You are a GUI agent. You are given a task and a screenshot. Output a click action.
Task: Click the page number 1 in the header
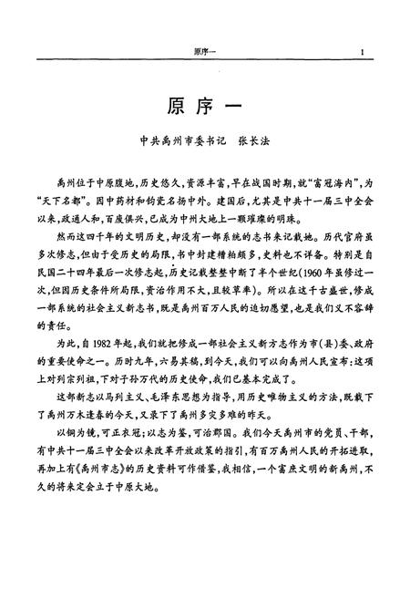(x=363, y=51)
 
